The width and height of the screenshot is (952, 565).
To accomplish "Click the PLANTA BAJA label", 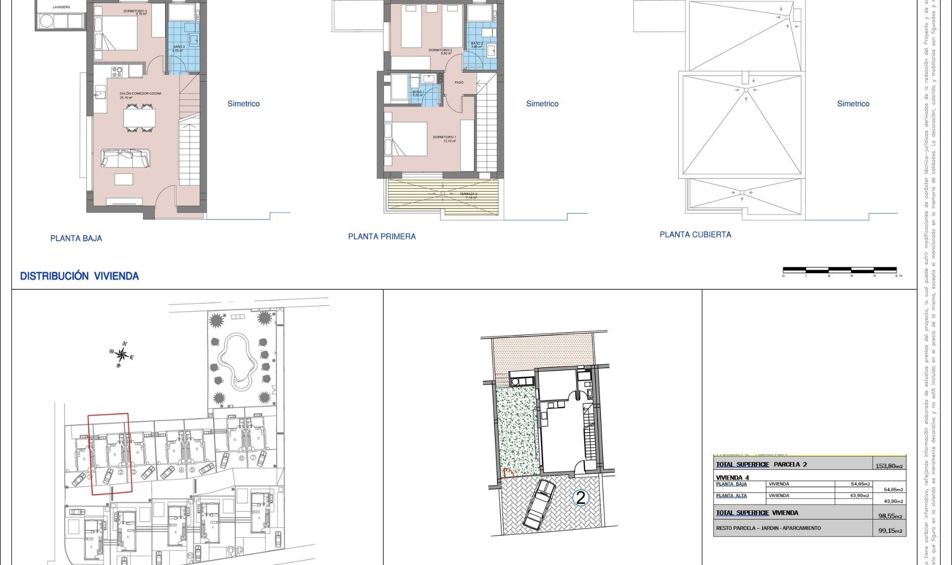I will click(x=76, y=238).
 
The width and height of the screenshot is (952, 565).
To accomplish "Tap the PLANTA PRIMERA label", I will click(x=382, y=237).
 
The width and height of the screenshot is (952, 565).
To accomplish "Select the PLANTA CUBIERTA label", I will click(x=695, y=235).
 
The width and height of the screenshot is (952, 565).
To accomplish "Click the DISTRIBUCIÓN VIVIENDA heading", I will click(x=79, y=277).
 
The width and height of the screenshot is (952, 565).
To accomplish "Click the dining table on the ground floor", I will click(x=139, y=118).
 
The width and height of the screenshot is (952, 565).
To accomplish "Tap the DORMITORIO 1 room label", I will click(x=445, y=137).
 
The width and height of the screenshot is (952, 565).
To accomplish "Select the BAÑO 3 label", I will click(x=178, y=47).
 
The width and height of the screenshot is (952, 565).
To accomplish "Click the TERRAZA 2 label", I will click(x=469, y=194).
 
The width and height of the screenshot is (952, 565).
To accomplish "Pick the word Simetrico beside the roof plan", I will click(x=853, y=104).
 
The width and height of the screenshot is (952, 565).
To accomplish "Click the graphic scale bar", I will click(x=840, y=270).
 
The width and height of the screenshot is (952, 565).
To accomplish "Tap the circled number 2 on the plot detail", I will click(x=580, y=498).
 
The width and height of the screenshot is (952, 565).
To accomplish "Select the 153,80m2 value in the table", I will click(x=889, y=466).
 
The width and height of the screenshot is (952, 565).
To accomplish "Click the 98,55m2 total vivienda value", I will click(x=890, y=516).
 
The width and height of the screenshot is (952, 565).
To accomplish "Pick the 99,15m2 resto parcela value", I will click(x=890, y=531).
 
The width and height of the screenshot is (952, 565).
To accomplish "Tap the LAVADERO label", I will click(x=61, y=7).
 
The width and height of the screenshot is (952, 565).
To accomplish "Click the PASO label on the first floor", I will click(x=459, y=83).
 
